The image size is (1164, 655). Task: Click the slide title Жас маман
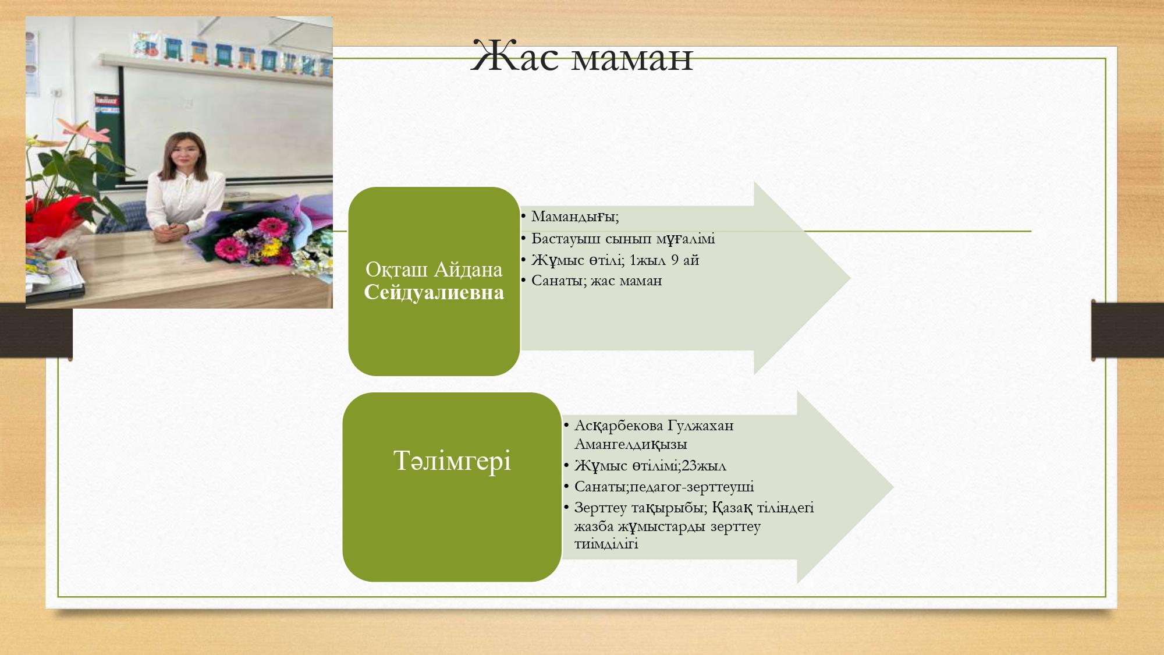coord(582,56)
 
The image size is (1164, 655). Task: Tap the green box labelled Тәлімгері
coord(452,487)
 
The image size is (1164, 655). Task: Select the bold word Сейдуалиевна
coord(434,292)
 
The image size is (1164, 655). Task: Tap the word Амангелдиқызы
coord(630,444)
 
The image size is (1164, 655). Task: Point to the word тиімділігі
coord(606,544)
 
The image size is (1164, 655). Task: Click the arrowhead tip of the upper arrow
coord(850,278)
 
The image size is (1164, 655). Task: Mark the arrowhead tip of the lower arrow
coord(893,487)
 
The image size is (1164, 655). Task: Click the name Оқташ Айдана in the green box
coord(434,270)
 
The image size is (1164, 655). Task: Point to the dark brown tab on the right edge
coord(1127,330)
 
